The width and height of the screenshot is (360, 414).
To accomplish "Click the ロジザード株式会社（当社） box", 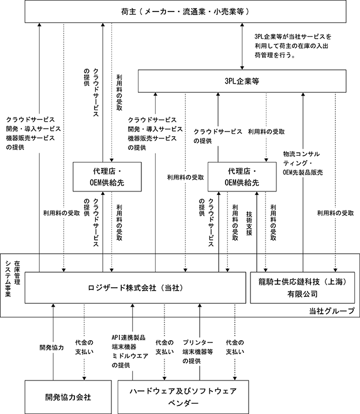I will click(x=127, y=287).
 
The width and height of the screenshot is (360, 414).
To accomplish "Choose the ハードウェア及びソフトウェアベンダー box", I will click(x=183, y=396).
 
